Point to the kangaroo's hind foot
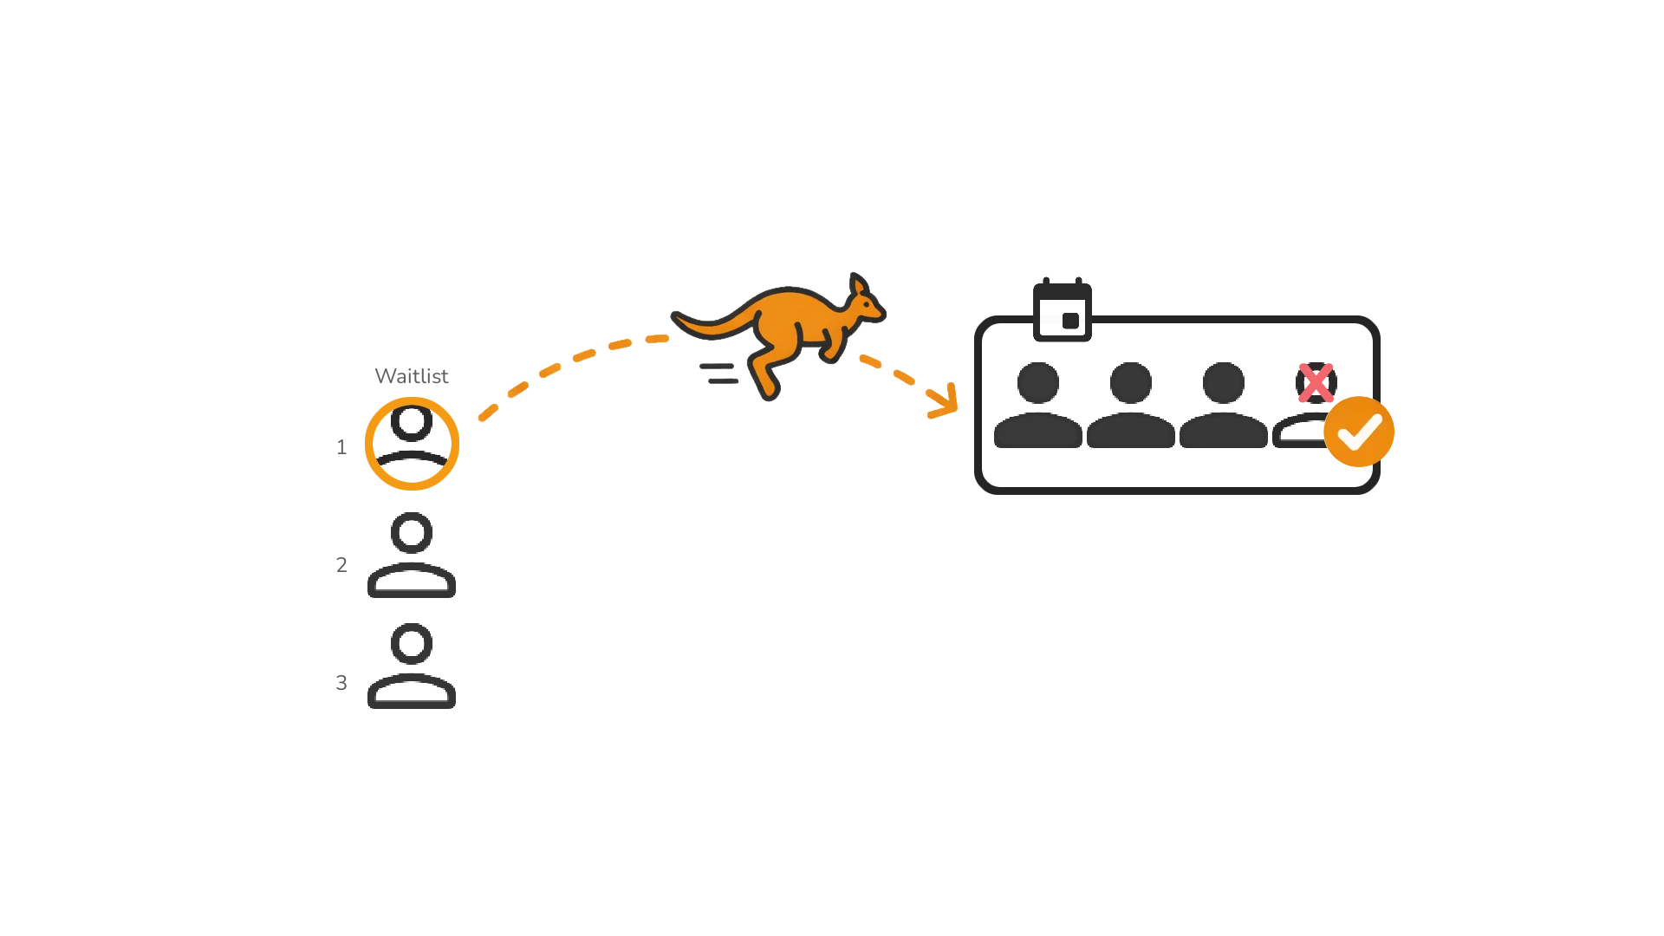coord(769,389)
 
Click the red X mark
coord(1316,383)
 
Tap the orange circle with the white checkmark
coord(1359,432)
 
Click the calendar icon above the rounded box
coord(1064,309)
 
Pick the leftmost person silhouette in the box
coord(1037,407)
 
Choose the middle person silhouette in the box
coord(1132,407)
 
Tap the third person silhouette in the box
coord(1224,407)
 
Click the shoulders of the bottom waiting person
coord(412,694)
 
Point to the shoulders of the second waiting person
coord(412,583)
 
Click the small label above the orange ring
coord(413,378)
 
